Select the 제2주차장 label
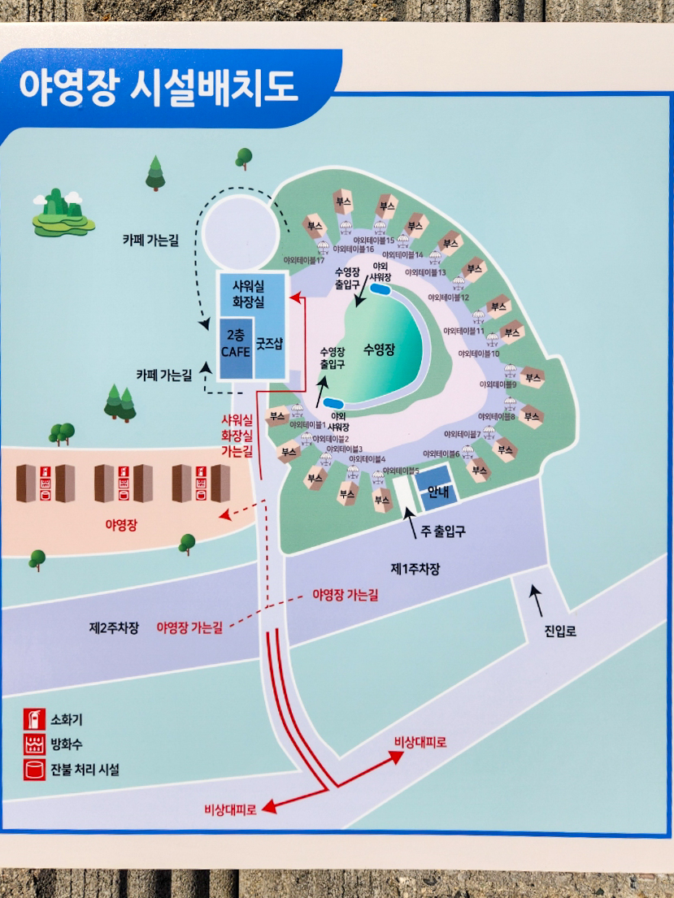pos(114,627)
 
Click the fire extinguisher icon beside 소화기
pos(34,719)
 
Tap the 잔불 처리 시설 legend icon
pos(34,769)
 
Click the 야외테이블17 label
pos(304,260)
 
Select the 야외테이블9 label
pos(498,384)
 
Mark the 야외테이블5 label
pos(401,471)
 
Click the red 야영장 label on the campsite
pos(121,524)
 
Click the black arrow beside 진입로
pos(536,601)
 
